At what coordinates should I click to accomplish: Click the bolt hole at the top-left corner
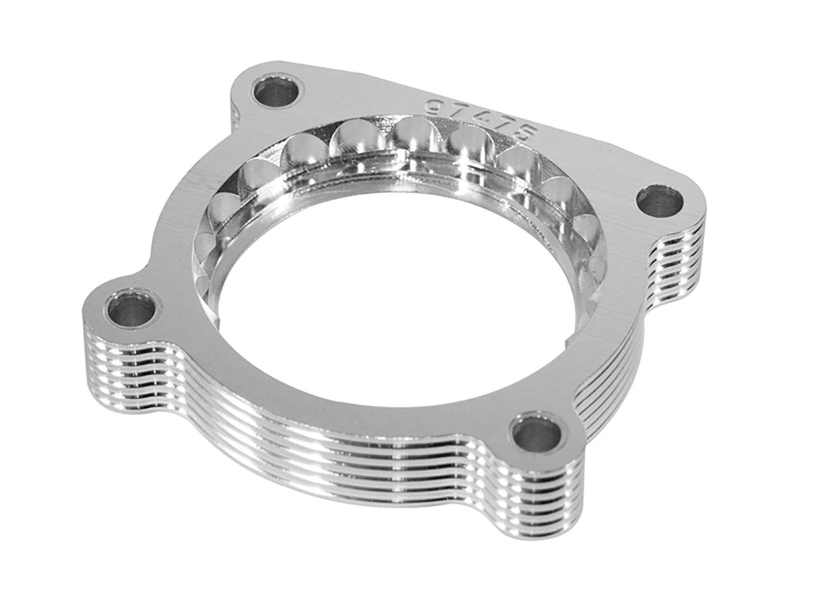278,92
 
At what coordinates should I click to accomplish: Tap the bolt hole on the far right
660,200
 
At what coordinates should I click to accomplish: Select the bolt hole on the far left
131,309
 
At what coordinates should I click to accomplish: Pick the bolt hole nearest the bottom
536,433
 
